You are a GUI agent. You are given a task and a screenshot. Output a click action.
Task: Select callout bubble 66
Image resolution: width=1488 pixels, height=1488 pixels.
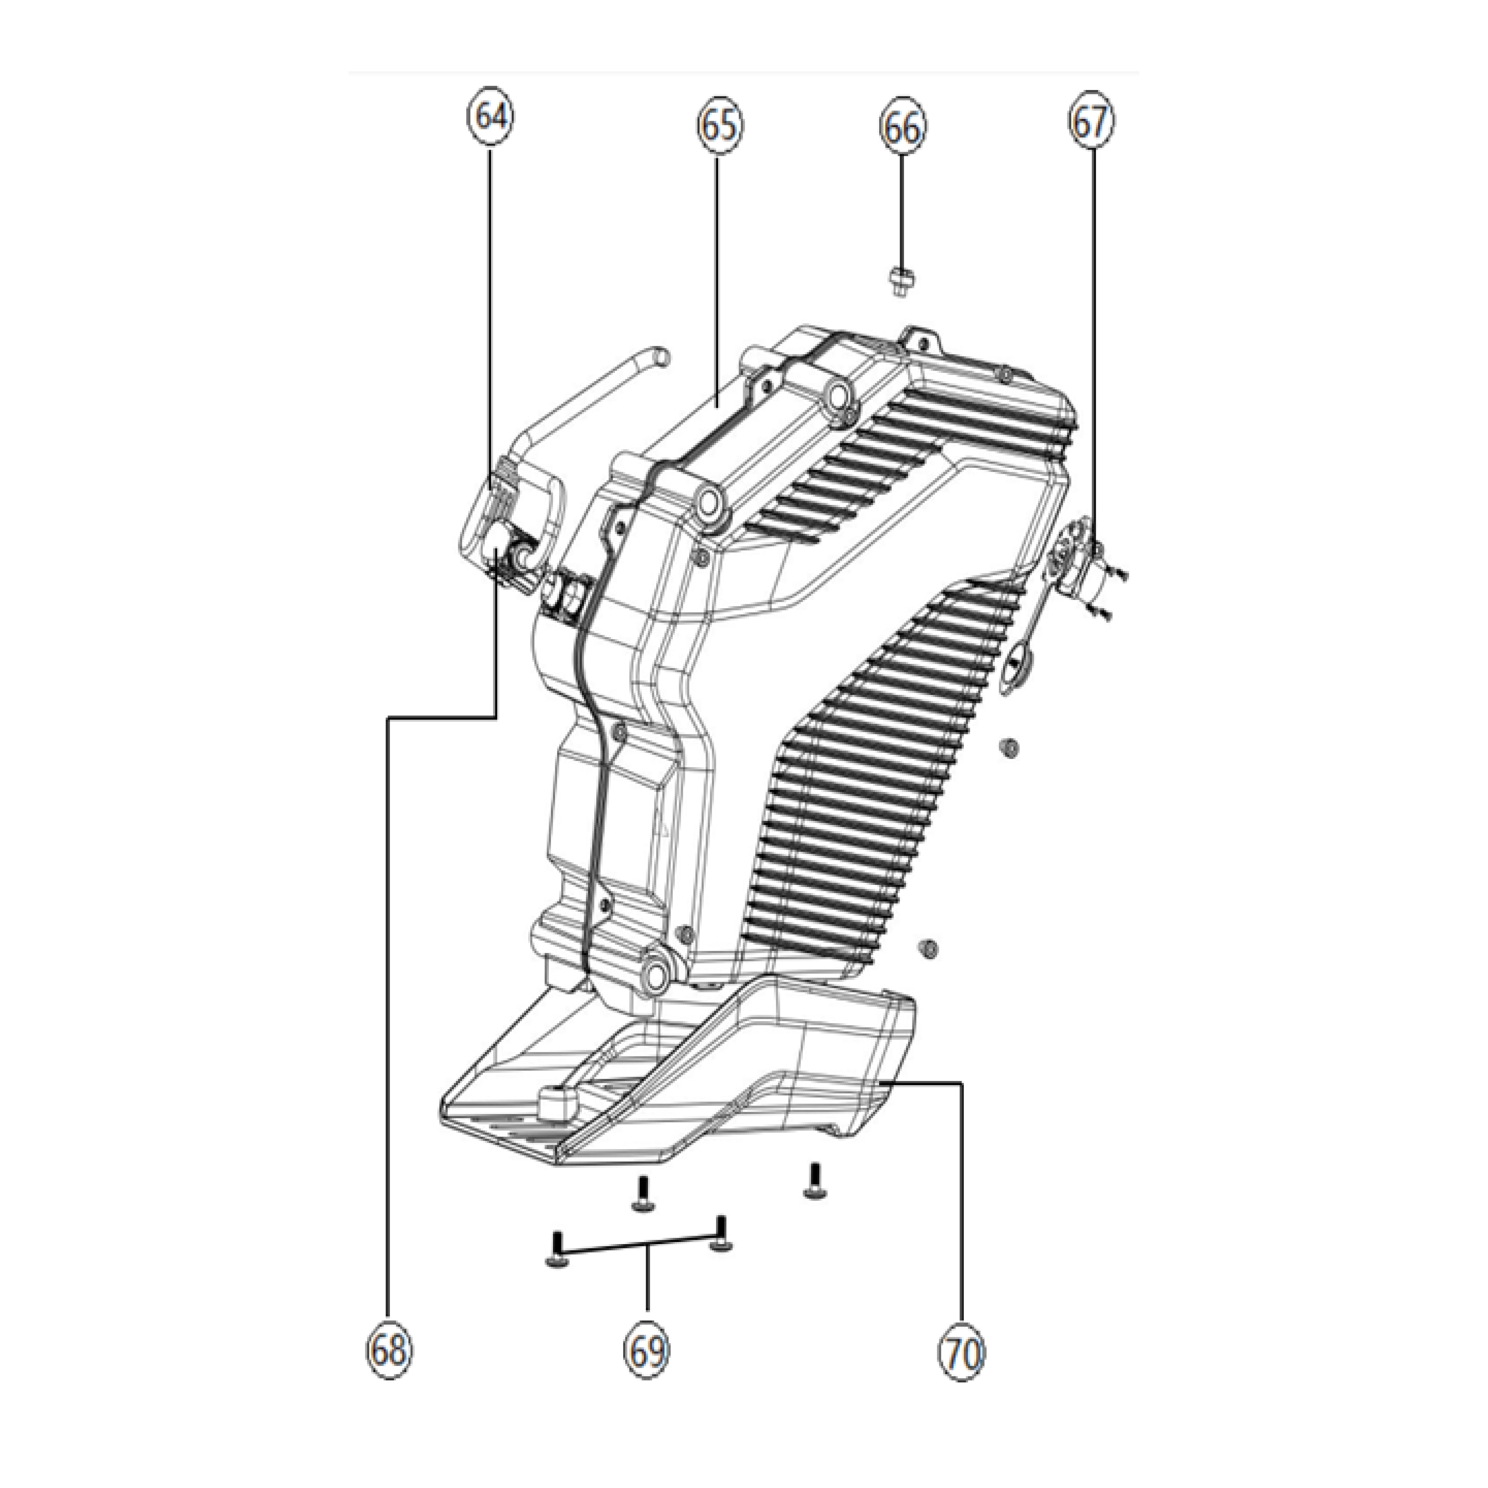903,129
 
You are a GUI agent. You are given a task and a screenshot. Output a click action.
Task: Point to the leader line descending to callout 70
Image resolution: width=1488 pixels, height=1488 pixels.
961,1194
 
